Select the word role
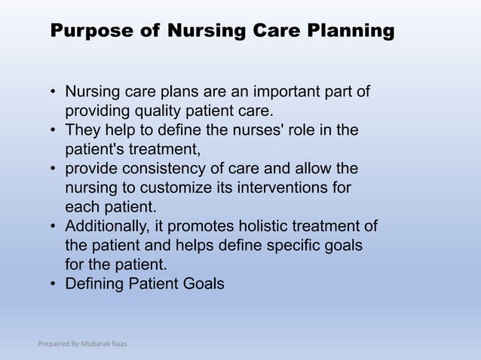coord(316,130)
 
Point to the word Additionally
coord(107,226)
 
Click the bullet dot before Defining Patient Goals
coord(54,285)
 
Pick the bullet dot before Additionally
coord(54,227)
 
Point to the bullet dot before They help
coord(54,131)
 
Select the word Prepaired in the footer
coord(53,344)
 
